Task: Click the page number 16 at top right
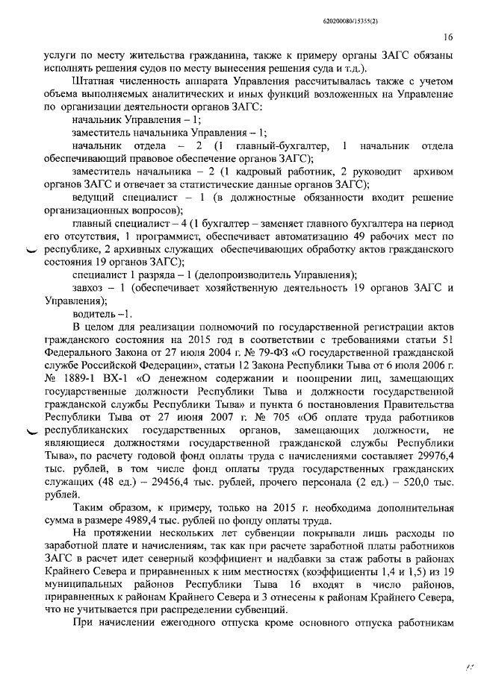pyautogui.click(x=449, y=36)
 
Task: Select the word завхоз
pyautogui.click(x=91, y=287)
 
